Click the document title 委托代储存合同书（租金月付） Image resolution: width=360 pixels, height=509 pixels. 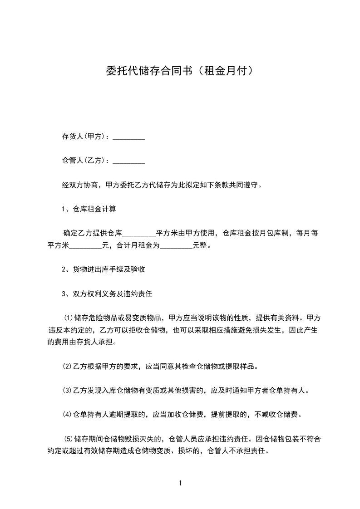pos(179,71)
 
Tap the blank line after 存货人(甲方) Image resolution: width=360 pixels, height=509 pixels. pos(128,137)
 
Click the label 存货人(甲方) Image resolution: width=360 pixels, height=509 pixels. pos(85,137)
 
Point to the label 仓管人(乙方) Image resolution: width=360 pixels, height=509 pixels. pos(85,160)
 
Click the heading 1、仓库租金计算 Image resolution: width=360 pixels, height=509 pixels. pos(89,209)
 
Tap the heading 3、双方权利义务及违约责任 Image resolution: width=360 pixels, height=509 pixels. pos(107,294)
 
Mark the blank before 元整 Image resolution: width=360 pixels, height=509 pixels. pos(177,246)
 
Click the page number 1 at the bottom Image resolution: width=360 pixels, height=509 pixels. pos(180,483)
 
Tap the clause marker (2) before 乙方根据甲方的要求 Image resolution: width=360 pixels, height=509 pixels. pos(67,366)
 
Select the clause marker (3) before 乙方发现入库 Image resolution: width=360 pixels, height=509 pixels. pos(67,390)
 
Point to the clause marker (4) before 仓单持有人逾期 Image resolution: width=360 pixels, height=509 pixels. pos(67,414)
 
